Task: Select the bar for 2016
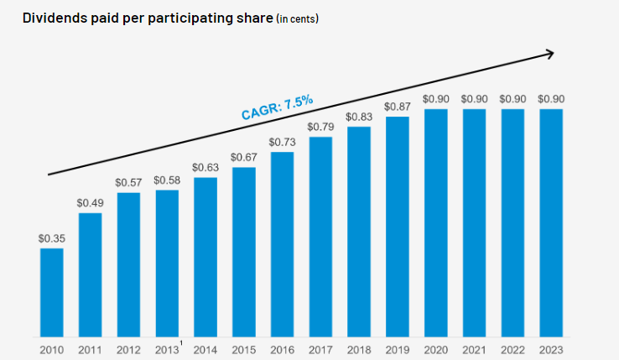(x=282, y=244)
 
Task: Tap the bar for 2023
(x=551, y=222)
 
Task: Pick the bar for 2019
(x=398, y=227)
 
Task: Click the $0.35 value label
(x=51, y=238)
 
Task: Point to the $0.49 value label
(x=90, y=203)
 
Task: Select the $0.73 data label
(x=282, y=142)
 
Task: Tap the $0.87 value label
(x=398, y=107)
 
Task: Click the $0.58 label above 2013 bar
(x=167, y=180)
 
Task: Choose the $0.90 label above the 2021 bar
(x=474, y=99)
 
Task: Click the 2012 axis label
(x=128, y=349)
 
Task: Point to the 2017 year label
(x=320, y=349)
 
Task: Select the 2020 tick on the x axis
(x=435, y=349)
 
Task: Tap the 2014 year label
(x=205, y=349)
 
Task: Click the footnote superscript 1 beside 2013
(x=182, y=343)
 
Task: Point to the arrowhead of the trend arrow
(x=549, y=54)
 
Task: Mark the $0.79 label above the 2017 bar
(x=320, y=127)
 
